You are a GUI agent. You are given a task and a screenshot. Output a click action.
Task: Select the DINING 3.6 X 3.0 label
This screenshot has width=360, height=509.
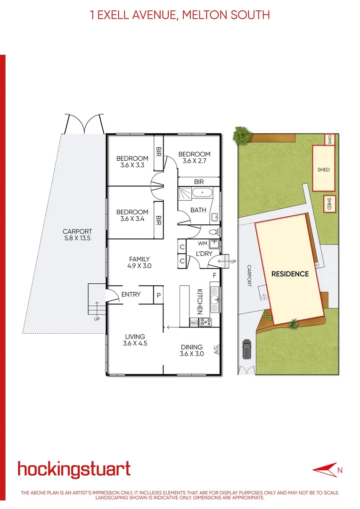(x=192, y=351)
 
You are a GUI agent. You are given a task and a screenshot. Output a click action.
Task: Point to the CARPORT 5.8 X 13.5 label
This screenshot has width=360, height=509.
(x=77, y=235)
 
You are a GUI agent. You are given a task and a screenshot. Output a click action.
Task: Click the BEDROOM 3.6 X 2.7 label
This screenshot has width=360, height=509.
(x=194, y=157)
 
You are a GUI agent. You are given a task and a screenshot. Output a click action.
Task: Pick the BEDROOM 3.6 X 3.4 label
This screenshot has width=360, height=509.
(x=132, y=215)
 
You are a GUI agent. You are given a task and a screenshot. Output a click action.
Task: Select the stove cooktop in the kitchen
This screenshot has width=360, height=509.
(x=206, y=322)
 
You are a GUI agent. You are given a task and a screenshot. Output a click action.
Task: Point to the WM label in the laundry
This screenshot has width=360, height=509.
(x=203, y=244)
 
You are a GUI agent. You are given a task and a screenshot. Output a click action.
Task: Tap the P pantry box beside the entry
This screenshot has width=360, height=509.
(x=158, y=295)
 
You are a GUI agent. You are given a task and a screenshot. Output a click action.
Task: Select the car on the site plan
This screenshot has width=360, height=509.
(x=246, y=349)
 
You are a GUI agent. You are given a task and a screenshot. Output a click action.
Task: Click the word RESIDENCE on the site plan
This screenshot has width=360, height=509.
(x=290, y=274)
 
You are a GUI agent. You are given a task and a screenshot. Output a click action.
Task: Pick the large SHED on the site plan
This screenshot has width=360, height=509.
(x=324, y=168)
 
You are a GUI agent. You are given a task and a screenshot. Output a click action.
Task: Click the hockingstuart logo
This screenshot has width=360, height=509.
(x=74, y=469)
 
